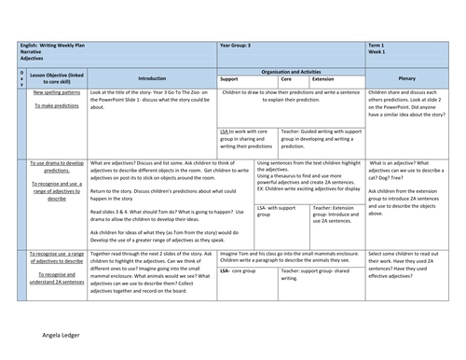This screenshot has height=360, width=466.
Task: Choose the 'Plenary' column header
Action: [406, 79]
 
